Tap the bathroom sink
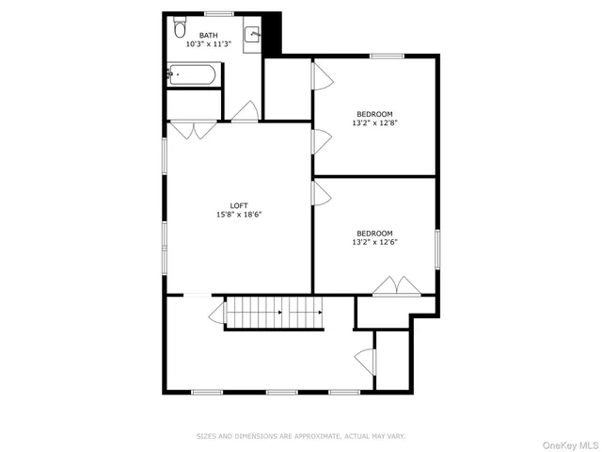pyautogui.click(x=252, y=36)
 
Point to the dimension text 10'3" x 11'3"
pyautogui.click(x=208, y=44)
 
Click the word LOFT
pyautogui.click(x=240, y=205)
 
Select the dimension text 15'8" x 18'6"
pyautogui.click(x=239, y=215)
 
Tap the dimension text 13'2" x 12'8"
pyautogui.click(x=373, y=122)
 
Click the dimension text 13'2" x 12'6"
pyautogui.click(x=373, y=242)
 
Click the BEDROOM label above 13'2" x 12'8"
pyautogui.click(x=373, y=114)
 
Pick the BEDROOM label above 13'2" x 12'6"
pyautogui.click(x=373, y=233)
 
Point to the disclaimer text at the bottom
pyautogui.click(x=300, y=436)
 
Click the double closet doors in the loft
pyautogui.click(x=194, y=131)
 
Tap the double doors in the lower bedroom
pyautogui.click(x=394, y=286)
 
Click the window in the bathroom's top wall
pyautogui.click(x=219, y=13)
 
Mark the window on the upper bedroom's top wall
pyautogui.click(x=386, y=56)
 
